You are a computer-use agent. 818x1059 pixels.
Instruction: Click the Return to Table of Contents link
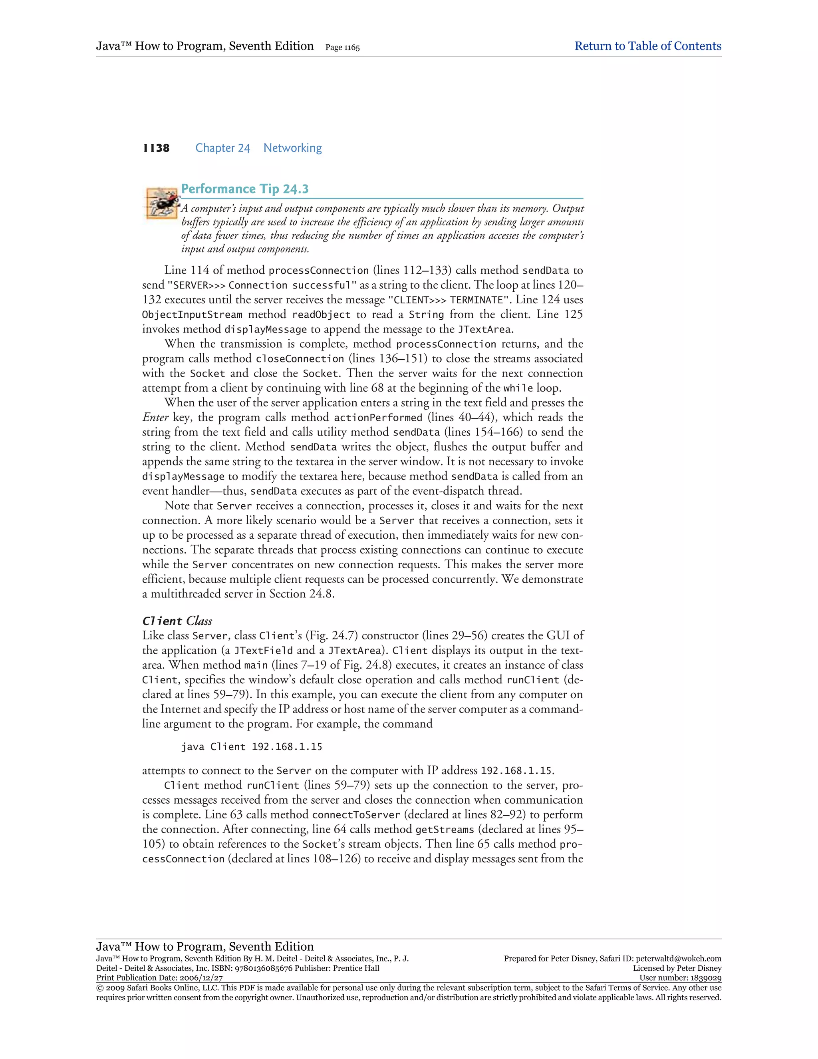pos(647,46)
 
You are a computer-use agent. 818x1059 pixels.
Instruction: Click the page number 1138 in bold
pos(156,148)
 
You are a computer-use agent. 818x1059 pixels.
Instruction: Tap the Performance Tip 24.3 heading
pos(245,189)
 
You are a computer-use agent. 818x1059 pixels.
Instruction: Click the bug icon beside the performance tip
pos(161,204)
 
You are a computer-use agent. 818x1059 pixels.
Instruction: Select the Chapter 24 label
pos(222,148)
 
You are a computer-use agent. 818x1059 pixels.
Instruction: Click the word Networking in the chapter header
pos(292,148)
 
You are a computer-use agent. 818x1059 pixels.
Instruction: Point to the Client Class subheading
pos(177,621)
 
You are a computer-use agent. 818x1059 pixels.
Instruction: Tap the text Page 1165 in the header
pos(343,48)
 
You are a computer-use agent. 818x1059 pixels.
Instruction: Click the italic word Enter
pos(155,418)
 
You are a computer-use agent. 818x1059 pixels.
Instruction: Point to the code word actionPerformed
pos(378,418)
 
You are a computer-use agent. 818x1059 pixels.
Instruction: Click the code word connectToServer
pos(356,814)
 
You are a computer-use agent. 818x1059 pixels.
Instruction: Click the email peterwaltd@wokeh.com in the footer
pos(679,959)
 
